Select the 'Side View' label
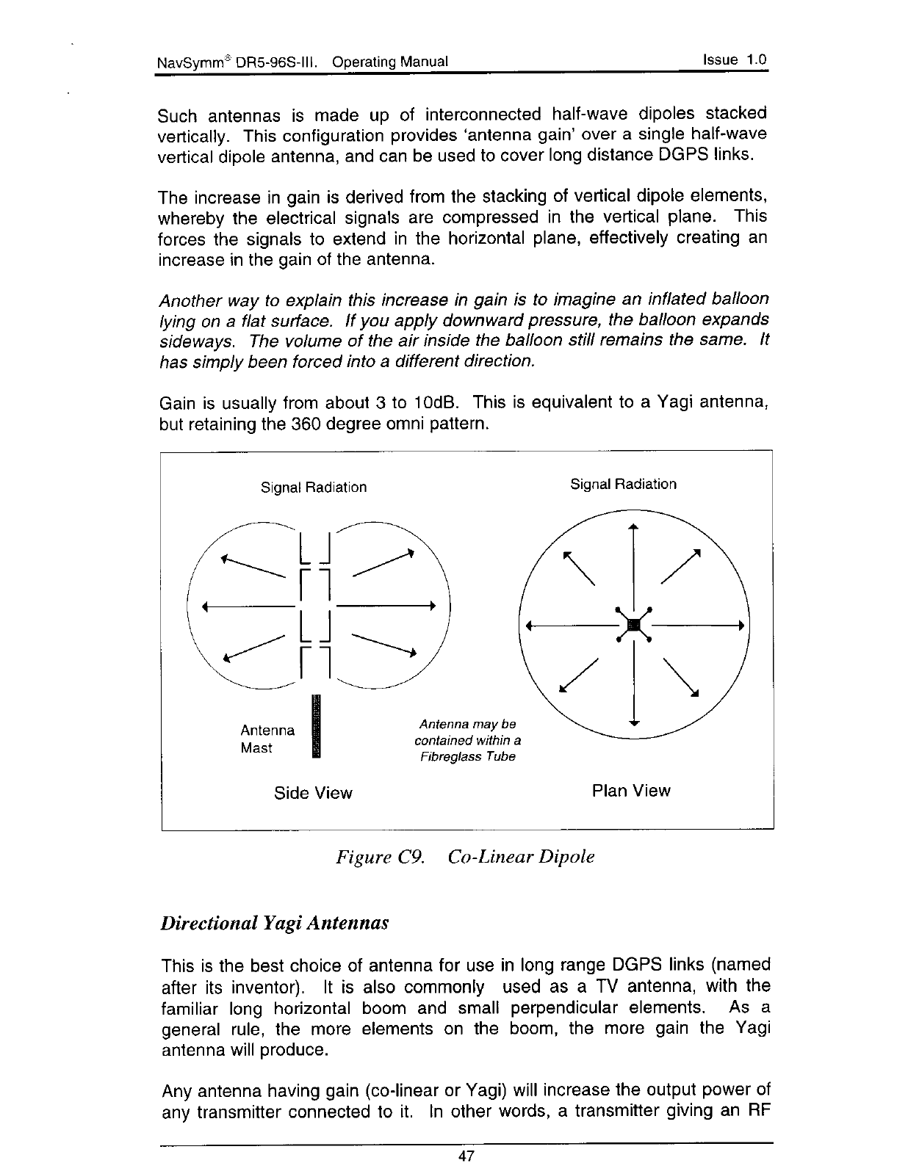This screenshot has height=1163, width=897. point(313,793)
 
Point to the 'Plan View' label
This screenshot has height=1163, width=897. point(630,791)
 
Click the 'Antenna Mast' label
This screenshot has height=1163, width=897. point(267,739)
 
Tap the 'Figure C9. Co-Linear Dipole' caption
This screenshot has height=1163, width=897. point(464,857)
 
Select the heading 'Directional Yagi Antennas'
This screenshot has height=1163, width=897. point(274,922)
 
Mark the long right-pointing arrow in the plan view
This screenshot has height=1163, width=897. point(698,626)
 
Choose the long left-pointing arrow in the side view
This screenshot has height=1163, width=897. point(250,606)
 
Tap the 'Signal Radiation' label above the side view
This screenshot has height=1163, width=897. point(314,488)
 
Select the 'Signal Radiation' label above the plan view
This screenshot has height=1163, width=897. point(623,484)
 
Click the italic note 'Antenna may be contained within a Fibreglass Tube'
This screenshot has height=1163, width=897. point(467,741)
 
